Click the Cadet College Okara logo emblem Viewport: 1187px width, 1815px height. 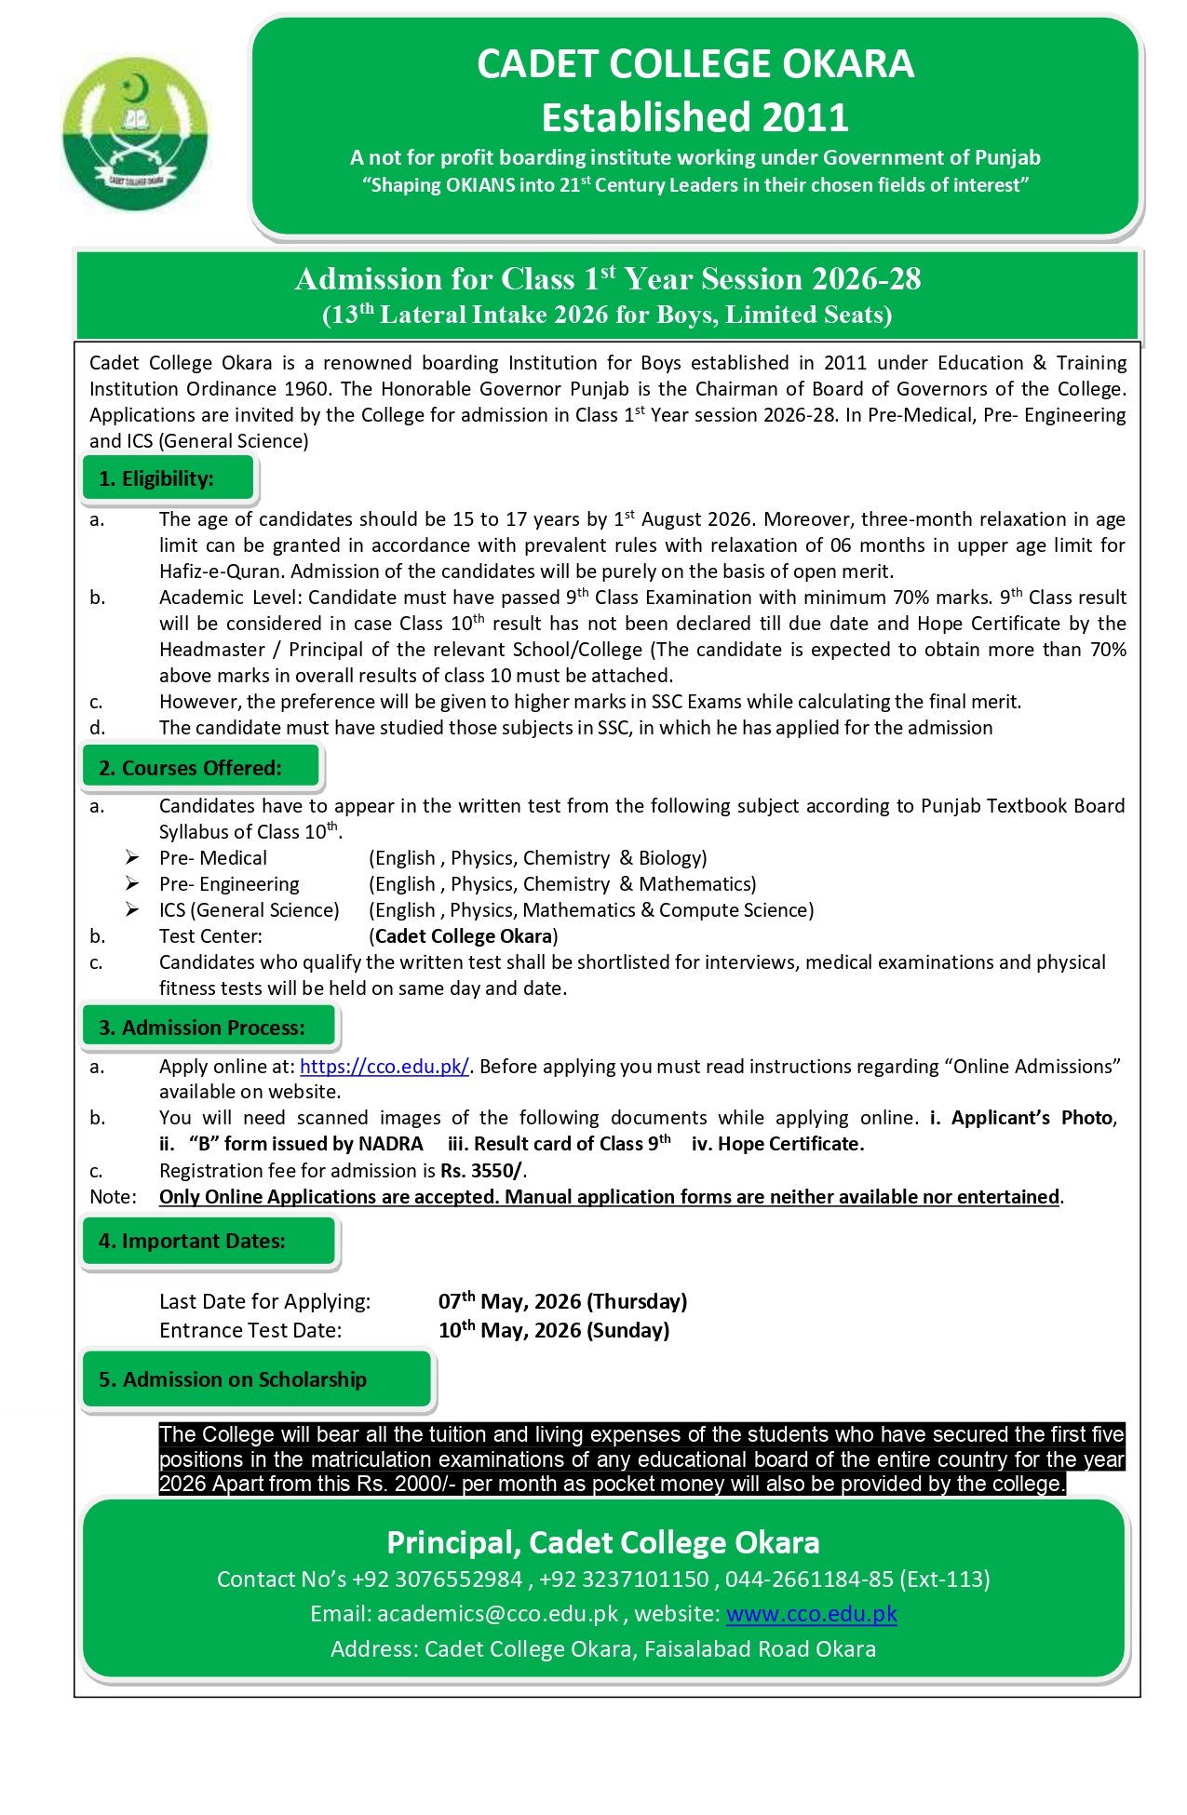point(136,134)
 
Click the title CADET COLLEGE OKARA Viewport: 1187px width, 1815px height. point(695,64)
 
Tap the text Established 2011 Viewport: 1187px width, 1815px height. point(695,118)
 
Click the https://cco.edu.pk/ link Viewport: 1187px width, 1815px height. point(384,1067)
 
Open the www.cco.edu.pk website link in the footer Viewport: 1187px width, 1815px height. point(811,1614)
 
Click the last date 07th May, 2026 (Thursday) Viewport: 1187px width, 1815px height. point(562,1301)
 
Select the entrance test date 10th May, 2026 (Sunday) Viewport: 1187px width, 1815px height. point(554,1330)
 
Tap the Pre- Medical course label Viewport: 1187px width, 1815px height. point(213,858)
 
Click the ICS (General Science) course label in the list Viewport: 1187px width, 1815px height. point(249,910)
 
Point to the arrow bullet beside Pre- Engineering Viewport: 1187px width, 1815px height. point(133,884)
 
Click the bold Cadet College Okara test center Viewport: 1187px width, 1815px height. point(464,936)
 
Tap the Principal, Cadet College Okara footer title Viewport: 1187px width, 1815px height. point(603,1542)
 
